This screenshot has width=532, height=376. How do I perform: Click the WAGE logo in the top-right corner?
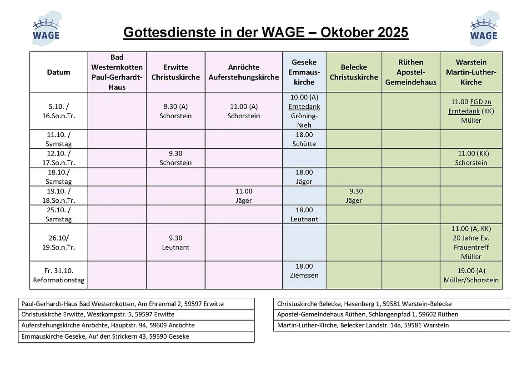coord(484,28)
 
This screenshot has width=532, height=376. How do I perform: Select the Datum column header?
coord(59,72)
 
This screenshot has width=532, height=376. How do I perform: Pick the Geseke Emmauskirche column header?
coord(304,72)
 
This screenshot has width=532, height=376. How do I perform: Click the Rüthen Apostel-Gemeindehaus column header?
coord(411,72)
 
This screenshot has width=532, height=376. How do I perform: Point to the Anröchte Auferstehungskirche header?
coord(244,72)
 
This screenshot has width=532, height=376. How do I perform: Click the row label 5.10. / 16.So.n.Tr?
coord(59,111)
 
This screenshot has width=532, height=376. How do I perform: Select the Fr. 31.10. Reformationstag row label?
coord(59,275)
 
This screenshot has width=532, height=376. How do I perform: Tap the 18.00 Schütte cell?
coord(304,139)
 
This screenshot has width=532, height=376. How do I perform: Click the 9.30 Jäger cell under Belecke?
coord(354,196)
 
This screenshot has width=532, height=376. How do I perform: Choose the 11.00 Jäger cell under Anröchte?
coord(244,196)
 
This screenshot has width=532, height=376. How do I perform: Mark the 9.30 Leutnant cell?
coord(176,243)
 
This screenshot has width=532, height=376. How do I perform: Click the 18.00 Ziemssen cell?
coord(304,271)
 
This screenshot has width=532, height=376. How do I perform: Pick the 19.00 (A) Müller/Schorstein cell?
coord(471,275)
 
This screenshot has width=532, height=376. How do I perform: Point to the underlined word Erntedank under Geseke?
coord(304,106)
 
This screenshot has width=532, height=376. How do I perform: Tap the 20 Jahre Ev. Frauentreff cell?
coord(471,243)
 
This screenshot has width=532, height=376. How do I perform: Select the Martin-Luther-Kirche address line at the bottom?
coord(363,325)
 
